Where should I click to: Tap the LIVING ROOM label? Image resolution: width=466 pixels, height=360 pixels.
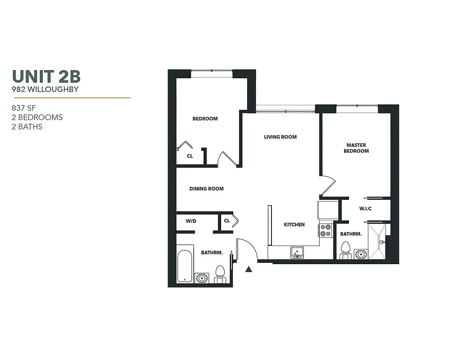pyautogui.click(x=280, y=137)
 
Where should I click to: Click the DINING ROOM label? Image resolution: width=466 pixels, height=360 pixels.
pyautogui.click(x=206, y=189)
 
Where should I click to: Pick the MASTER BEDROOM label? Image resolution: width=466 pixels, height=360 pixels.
pyautogui.click(x=356, y=148)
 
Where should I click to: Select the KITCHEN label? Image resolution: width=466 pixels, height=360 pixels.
pyautogui.click(x=294, y=225)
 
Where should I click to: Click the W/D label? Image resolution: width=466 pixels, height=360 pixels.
pyautogui.click(x=191, y=221)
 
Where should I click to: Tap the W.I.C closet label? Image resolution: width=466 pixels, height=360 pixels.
pyautogui.click(x=365, y=208)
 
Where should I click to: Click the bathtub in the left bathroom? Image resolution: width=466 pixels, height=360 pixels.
pyautogui.click(x=185, y=264)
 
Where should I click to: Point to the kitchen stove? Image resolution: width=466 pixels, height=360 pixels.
pyautogui.click(x=326, y=230)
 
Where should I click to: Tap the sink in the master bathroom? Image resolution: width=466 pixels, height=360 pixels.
pyautogui.click(x=360, y=254)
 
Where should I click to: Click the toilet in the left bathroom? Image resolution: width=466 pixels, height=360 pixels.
pyautogui.click(x=220, y=274)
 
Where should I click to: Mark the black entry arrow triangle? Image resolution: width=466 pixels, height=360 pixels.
pyautogui.click(x=249, y=270)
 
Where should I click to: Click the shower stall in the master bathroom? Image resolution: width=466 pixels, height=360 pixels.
pyautogui.click(x=377, y=242)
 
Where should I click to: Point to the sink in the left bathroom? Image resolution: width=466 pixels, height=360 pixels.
pyautogui.click(x=201, y=278)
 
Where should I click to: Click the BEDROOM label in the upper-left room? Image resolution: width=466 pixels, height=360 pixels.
pyautogui.click(x=205, y=119)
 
